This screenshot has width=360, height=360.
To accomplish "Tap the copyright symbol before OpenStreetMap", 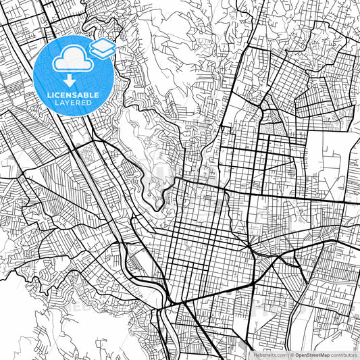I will coord(292,355).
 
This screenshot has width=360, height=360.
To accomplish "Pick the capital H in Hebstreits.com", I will coord(254,355).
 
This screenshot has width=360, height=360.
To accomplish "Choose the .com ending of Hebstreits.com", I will coord(280,355).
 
